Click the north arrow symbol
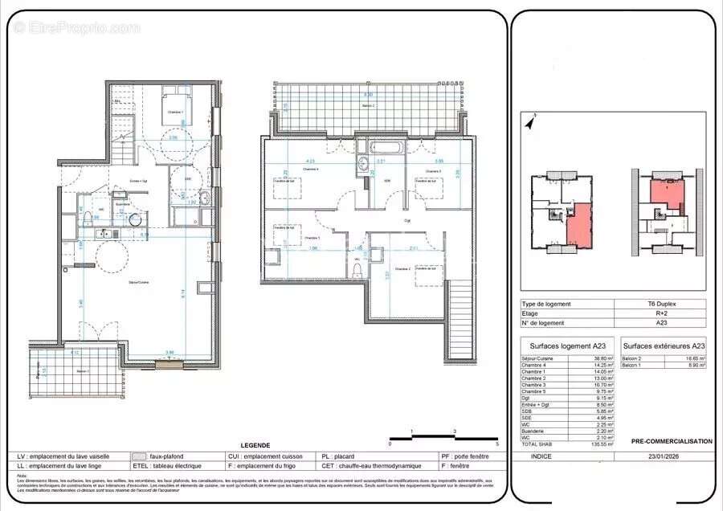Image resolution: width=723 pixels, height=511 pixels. pyautogui.click(x=529, y=122)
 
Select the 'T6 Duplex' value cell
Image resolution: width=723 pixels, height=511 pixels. pyautogui.click(x=660, y=304)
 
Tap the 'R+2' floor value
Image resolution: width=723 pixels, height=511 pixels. pyautogui.click(x=660, y=313)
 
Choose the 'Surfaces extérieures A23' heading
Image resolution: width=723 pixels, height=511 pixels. pyautogui.click(x=664, y=345)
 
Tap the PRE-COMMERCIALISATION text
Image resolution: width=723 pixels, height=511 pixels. pyautogui.click(x=671, y=441)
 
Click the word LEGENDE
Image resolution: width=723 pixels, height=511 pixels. pyautogui.click(x=255, y=445)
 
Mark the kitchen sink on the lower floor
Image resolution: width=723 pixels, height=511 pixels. pyautogui.click(x=102, y=234)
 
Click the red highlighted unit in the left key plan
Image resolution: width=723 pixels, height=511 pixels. pyautogui.click(x=579, y=225)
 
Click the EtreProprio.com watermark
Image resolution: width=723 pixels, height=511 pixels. pyautogui.click(x=76, y=27)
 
